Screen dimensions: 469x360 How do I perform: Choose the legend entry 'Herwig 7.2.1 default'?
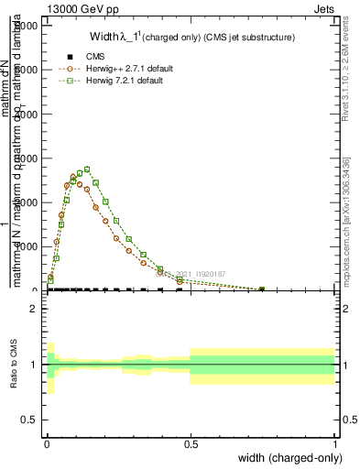[x=125, y=81]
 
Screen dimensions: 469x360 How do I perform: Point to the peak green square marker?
[x=86, y=169]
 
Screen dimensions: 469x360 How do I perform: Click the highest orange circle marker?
[x=73, y=177]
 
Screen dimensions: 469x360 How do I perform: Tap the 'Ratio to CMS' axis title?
[x=14, y=365]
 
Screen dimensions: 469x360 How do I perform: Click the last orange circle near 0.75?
[x=262, y=289]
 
